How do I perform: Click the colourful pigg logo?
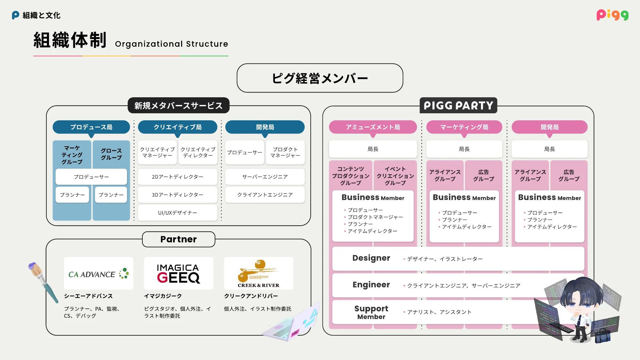(612, 15)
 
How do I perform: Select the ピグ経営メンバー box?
(320, 78)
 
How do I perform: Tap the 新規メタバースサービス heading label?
(178, 106)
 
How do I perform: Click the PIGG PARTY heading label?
(458, 106)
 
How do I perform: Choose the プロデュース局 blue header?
(91, 127)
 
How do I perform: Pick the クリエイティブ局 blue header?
(178, 127)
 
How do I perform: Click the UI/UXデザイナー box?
(178, 213)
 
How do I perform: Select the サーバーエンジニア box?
(265, 177)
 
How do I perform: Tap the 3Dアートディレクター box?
(178, 195)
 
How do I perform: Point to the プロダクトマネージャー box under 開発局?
(285, 152)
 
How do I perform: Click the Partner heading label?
(179, 239)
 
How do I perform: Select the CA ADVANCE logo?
(99, 274)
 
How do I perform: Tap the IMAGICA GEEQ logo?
(179, 274)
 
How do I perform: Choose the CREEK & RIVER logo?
(259, 274)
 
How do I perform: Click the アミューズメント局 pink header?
(373, 127)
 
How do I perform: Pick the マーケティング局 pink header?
(464, 127)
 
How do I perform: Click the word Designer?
(371, 258)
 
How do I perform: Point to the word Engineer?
(371, 284)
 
